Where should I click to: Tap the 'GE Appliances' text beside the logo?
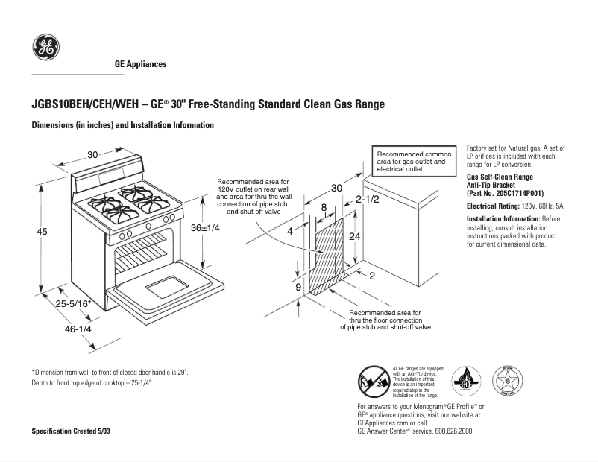pos(140,64)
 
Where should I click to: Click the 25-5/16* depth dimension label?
pos(73,303)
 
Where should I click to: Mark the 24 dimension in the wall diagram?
pos(355,235)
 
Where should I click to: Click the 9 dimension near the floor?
pos(298,287)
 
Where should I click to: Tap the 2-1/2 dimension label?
pos(367,200)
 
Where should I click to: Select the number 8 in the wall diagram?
pos(324,206)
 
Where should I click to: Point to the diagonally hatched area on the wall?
pos(328,253)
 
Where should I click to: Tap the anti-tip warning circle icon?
pos(373,381)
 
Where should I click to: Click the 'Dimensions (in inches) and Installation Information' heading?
pos(123,125)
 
